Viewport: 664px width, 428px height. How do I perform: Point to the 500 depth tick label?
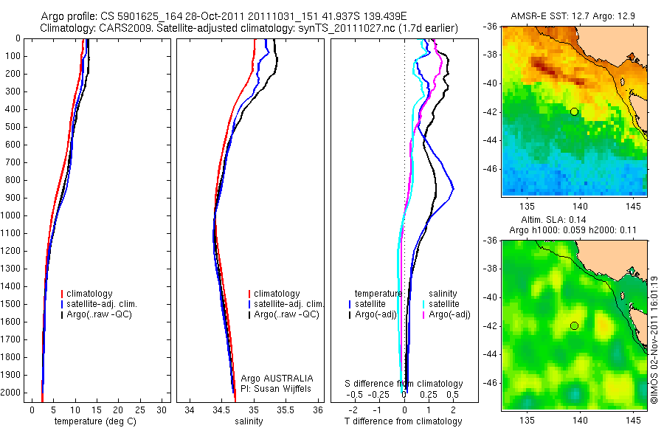tap(13, 127)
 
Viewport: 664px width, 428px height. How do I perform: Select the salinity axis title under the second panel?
tap(249, 421)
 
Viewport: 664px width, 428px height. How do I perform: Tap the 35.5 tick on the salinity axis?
tap(286, 410)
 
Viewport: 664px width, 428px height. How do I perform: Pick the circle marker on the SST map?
tap(574, 111)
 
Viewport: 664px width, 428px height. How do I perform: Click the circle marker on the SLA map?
tap(574, 325)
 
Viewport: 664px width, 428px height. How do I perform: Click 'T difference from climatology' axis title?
tap(403, 421)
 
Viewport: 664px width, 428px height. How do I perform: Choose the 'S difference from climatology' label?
tap(404, 384)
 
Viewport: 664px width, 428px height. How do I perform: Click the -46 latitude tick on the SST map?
tap(492, 169)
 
